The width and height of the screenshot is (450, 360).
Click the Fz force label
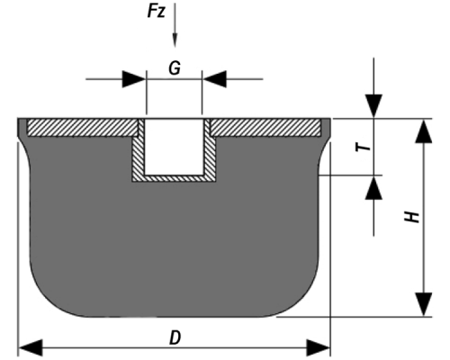[x=157, y=12]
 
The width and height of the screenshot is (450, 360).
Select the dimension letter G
[x=175, y=68]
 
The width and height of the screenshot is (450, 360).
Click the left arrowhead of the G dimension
[x=134, y=79]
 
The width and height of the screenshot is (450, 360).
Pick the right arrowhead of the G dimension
[x=214, y=79]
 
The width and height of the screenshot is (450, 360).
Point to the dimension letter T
[x=364, y=147]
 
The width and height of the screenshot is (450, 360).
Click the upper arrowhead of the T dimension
[x=373, y=106]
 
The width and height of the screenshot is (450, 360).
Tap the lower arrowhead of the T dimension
[x=373, y=187]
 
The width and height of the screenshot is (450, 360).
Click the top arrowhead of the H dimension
[x=424, y=131]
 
